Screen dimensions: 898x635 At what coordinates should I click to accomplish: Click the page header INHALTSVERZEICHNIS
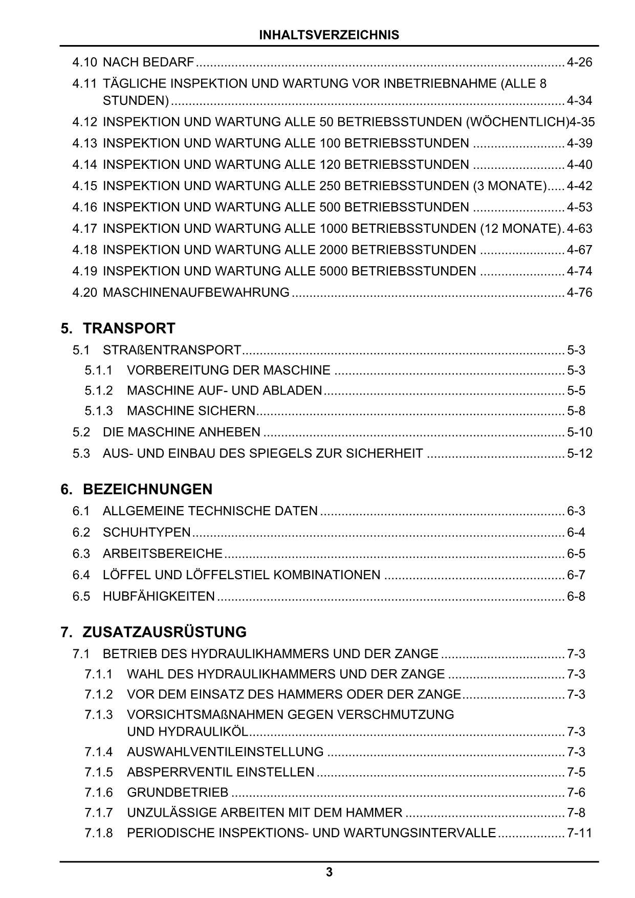pyautogui.click(x=329, y=35)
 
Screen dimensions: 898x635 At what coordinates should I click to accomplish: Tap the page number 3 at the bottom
pyautogui.click(x=329, y=872)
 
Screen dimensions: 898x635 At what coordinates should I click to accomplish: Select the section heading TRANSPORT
pyautogui.click(x=129, y=328)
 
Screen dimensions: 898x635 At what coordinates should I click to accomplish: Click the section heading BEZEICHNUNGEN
pyautogui.click(x=147, y=489)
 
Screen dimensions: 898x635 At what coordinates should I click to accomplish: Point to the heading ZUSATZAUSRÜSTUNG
pyautogui.click(x=164, y=632)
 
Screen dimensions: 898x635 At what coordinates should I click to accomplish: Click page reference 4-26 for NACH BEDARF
pyautogui.click(x=579, y=62)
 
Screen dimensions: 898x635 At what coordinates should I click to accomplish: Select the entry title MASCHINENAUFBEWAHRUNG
pyautogui.click(x=196, y=293)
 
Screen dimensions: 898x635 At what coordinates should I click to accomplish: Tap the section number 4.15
pyautogui.click(x=84, y=186)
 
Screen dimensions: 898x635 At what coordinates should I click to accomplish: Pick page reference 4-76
pyautogui.click(x=579, y=293)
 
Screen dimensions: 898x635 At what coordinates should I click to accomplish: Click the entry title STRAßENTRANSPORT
pyautogui.click(x=172, y=350)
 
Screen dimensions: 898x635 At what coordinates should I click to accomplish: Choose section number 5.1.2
pyautogui.click(x=99, y=390)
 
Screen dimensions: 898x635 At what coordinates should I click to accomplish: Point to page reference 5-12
pyautogui.click(x=579, y=453)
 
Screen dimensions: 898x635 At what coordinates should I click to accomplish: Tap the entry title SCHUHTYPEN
pyautogui.click(x=146, y=532)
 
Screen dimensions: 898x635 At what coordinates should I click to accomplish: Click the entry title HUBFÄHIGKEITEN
pyautogui.click(x=159, y=596)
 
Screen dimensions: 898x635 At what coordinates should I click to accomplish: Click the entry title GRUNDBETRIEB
pyautogui.click(x=178, y=792)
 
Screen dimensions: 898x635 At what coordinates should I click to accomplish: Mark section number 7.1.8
pyautogui.click(x=99, y=833)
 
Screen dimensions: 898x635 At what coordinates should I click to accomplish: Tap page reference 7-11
pyautogui.click(x=579, y=833)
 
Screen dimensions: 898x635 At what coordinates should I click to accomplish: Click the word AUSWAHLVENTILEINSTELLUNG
pyautogui.click(x=225, y=752)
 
